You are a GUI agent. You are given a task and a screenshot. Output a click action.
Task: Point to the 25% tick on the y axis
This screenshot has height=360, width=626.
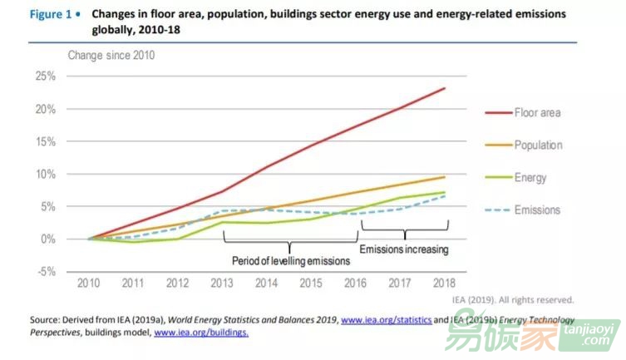45,76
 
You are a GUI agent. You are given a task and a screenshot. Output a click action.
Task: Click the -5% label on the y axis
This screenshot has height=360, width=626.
45,272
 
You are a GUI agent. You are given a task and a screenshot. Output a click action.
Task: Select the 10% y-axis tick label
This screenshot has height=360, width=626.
45,174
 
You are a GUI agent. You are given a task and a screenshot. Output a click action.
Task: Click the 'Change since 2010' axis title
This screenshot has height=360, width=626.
111,56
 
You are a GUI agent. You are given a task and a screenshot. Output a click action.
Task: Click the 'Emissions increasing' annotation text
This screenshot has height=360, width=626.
403,249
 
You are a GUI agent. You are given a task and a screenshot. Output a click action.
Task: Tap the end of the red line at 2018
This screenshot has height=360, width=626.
445,88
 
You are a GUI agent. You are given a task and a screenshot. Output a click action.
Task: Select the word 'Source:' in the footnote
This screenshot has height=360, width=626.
46,319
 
